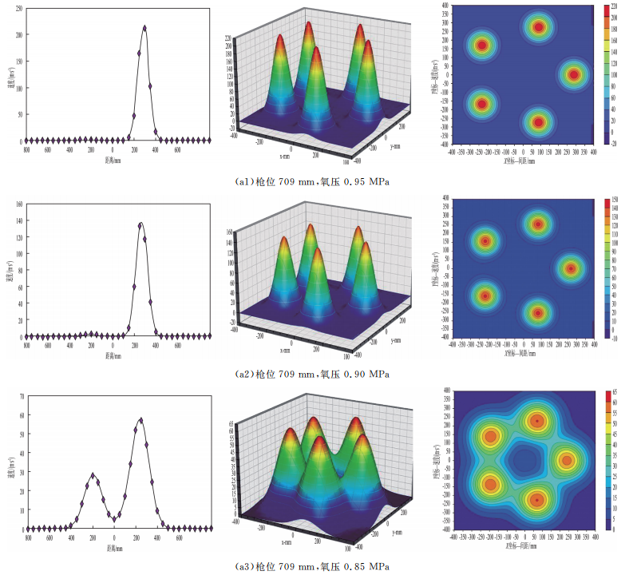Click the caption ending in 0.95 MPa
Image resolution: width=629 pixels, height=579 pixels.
click(314, 182)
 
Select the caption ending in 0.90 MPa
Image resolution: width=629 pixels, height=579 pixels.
click(314, 374)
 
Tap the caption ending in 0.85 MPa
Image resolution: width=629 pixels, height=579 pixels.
click(314, 566)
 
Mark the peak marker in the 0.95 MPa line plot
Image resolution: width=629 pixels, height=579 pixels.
click(144, 27)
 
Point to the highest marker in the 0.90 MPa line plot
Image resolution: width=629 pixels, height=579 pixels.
click(140, 224)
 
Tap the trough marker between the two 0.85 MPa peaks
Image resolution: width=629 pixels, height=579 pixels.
click(114, 518)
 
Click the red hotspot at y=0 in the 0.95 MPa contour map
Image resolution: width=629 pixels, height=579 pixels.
click(574, 75)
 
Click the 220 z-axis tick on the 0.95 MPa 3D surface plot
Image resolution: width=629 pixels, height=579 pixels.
click(228, 38)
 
